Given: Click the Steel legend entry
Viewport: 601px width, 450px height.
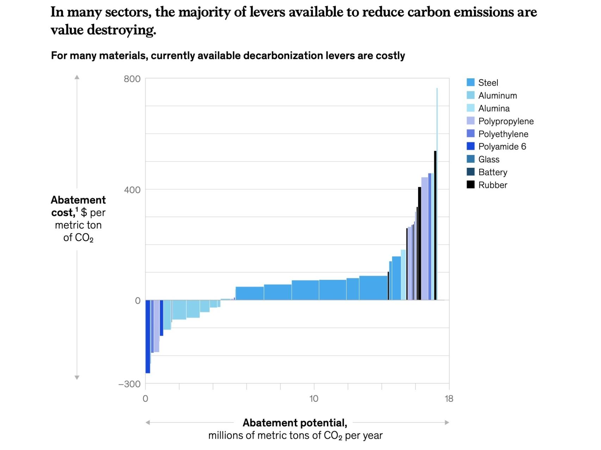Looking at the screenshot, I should pyautogui.click(x=488, y=83).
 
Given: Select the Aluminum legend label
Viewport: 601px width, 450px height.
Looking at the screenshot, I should pyautogui.click(x=497, y=95).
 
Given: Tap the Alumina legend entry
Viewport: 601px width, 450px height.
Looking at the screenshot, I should pyautogui.click(x=494, y=109).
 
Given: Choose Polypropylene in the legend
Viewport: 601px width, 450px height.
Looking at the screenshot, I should pyautogui.click(x=506, y=121).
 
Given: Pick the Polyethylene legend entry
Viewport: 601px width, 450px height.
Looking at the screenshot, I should pyautogui.click(x=503, y=134).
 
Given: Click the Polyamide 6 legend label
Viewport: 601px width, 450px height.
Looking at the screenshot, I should pyautogui.click(x=502, y=147).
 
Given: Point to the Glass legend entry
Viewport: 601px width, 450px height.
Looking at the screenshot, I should pyautogui.click(x=489, y=159).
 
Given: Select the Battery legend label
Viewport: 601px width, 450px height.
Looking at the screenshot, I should pyautogui.click(x=492, y=172).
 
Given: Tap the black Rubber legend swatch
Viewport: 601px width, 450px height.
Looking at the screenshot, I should pyautogui.click(x=471, y=185).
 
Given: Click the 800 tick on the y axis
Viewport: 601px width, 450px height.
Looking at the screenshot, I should pyautogui.click(x=132, y=79).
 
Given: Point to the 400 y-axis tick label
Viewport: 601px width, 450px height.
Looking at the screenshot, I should pyautogui.click(x=132, y=190).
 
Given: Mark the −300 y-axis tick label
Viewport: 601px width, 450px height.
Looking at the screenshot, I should pyautogui.click(x=130, y=384).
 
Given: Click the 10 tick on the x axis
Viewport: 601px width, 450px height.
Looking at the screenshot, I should pyautogui.click(x=314, y=399).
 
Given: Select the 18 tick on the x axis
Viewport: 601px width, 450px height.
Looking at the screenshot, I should pyautogui.click(x=449, y=399).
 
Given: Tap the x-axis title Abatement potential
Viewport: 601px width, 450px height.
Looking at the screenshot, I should pyautogui.click(x=295, y=423).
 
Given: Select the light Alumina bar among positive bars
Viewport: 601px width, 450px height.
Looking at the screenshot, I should pyautogui.click(x=403, y=275).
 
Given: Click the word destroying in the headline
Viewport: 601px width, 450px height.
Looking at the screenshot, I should pyautogui.click(x=121, y=30).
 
